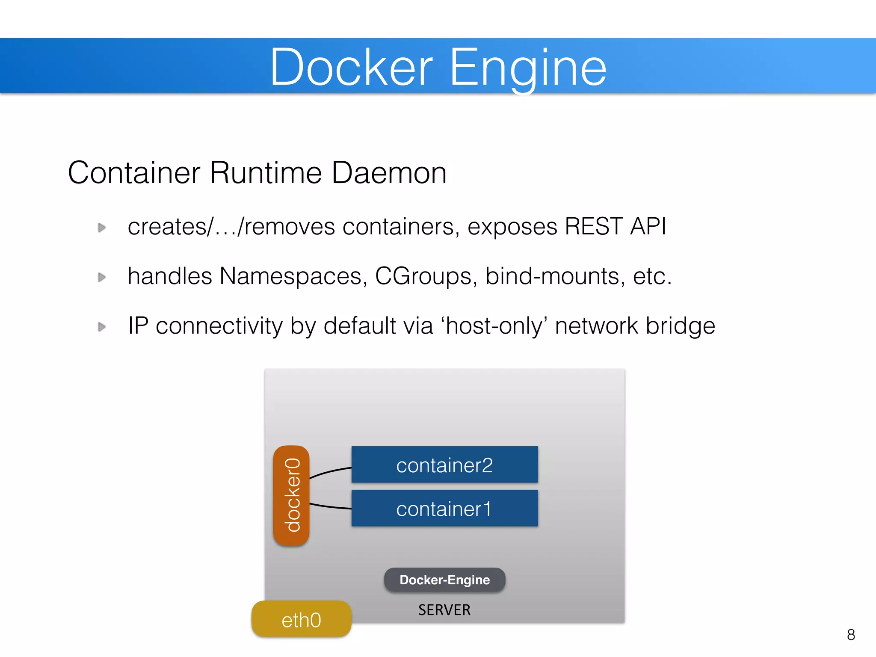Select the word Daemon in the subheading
389,173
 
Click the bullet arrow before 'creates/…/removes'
102,228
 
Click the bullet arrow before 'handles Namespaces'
102,277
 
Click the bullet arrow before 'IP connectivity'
102,327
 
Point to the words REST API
615,226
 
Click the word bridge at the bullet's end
680,326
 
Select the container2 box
444,465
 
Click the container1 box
444,509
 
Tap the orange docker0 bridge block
291,495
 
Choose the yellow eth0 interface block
302,619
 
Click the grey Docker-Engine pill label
444,580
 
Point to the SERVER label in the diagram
444,610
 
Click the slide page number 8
851,635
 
